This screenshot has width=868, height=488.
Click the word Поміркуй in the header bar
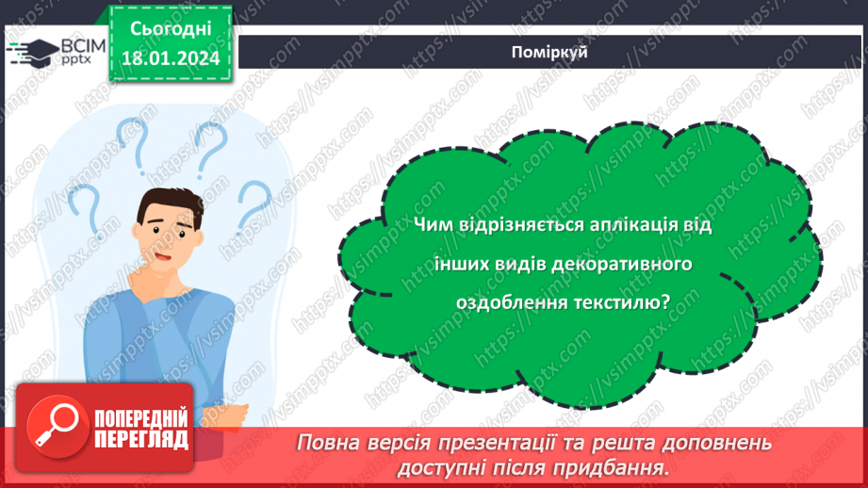click(x=553, y=52)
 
